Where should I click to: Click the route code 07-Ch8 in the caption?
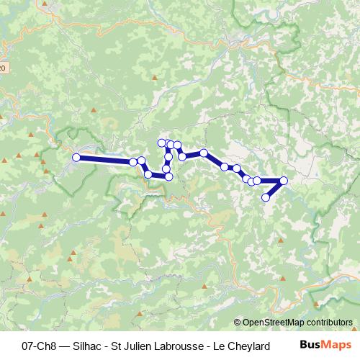point(40,346)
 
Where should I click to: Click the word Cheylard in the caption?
point(247,346)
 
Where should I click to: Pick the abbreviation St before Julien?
point(117,346)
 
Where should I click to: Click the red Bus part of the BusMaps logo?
point(310,346)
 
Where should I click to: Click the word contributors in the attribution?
point(328,323)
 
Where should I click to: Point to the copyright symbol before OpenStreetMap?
point(238,323)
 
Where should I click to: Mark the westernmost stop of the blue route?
point(76,158)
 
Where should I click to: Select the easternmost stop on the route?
point(284,181)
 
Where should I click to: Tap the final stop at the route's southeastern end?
point(266,197)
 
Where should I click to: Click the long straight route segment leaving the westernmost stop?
point(104,160)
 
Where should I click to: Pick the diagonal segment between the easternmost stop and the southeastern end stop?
point(275,189)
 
